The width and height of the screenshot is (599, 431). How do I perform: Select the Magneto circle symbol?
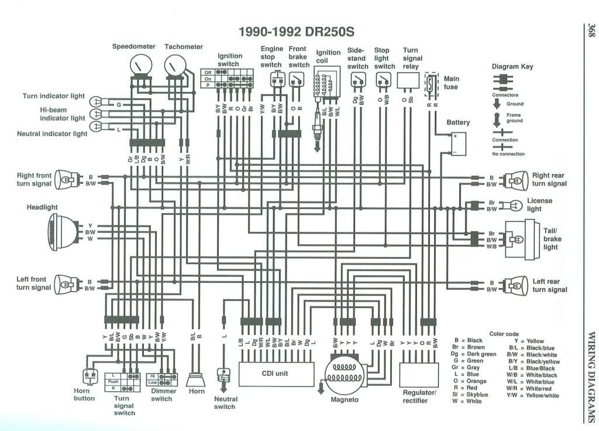(x=345, y=375)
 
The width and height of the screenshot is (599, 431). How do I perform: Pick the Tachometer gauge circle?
(x=174, y=66)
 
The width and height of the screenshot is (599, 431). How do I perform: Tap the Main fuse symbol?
(x=431, y=84)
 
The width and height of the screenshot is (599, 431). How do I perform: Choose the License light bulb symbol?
(x=515, y=205)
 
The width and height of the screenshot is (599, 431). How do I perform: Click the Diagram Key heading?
(x=512, y=66)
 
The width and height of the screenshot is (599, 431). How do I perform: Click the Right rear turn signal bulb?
(x=517, y=180)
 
